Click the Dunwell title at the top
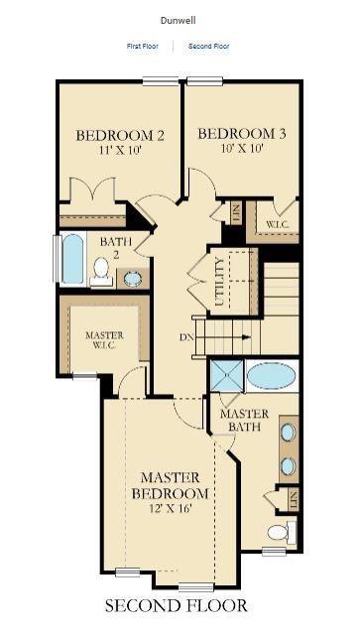click(x=179, y=19)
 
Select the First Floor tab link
click(x=143, y=46)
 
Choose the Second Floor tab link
click(x=208, y=46)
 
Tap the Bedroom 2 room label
click(x=119, y=135)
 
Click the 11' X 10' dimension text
click(x=119, y=151)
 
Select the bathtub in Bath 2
click(x=73, y=259)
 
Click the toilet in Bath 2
click(x=101, y=270)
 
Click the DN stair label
click(x=185, y=336)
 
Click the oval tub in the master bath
click(x=271, y=376)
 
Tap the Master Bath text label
click(x=243, y=420)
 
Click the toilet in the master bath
click(x=279, y=532)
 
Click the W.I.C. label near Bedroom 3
click(x=277, y=224)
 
